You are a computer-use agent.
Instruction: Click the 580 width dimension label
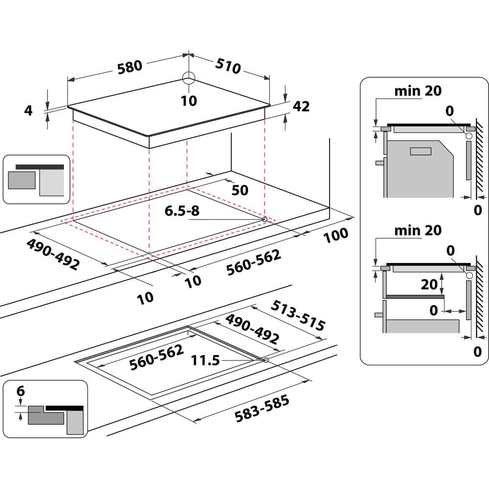130,67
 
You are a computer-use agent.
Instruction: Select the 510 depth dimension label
227,66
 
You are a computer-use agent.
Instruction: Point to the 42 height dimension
301,106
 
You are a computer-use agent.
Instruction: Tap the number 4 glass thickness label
28,111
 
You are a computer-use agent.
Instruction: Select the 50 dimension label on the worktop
240,190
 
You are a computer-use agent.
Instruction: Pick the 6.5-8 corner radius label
181,211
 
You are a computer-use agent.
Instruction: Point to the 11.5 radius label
205,361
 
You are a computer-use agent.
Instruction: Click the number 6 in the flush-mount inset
21,391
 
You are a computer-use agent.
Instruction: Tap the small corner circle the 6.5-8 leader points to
265,220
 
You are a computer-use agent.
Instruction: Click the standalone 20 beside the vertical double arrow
429,284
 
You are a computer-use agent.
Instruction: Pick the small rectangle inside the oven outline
421,152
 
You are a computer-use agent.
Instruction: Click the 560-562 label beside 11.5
156,357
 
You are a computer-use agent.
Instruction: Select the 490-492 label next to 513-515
252,329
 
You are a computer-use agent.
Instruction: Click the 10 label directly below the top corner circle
189,101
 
